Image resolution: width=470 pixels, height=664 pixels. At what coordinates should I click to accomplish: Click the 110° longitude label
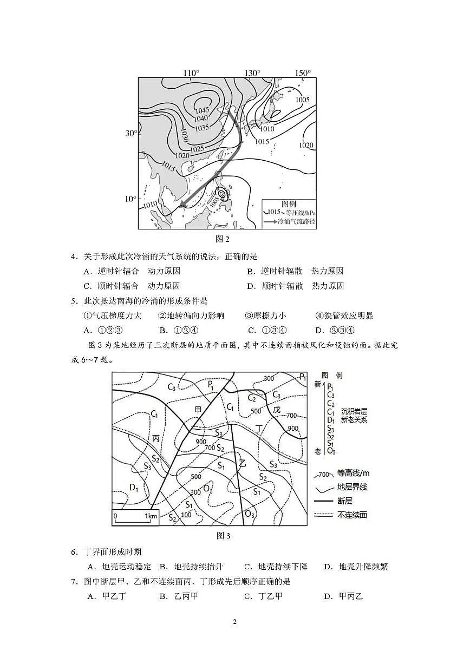191,73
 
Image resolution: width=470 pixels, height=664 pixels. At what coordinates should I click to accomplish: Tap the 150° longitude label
303,73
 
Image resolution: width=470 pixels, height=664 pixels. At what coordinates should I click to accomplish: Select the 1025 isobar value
197,148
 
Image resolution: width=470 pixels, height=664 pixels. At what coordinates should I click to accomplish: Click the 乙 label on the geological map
243,462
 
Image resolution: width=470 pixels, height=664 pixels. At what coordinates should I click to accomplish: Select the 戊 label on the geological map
277,410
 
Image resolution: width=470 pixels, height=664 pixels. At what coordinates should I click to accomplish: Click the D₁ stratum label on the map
134,488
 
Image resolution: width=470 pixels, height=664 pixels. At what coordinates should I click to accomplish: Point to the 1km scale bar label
151,516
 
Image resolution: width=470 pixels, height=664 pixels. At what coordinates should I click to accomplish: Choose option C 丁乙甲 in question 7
263,596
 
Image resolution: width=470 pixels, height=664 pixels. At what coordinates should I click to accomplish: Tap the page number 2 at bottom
234,622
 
